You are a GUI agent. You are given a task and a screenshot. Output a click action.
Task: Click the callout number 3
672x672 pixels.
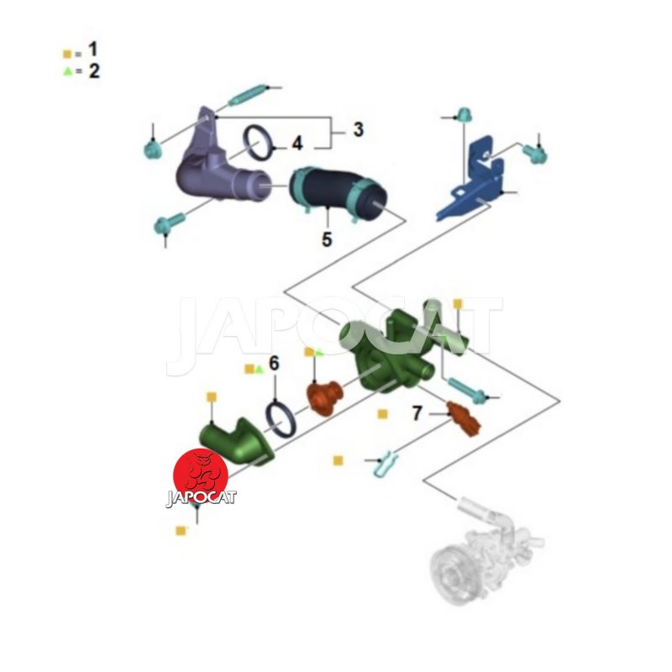pyautogui.click(x=359, y=129)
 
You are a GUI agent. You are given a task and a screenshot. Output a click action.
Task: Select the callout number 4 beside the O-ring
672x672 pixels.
pyautogui.click(x=297, y=144)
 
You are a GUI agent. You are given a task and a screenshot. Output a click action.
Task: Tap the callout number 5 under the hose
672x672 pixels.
pyautogui.click(x=327, y=239)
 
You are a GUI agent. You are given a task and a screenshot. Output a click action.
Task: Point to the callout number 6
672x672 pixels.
pyautogui.click(x=274, y=363)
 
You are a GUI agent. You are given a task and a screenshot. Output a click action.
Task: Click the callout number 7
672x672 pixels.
pyautogui.click(x=417, y=413)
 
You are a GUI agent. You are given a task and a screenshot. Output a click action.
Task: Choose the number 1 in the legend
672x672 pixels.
pyautogui.click(x=92, y=50)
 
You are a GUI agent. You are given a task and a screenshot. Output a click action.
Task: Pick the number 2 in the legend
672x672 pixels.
pyautogui.click(x=94, y=71)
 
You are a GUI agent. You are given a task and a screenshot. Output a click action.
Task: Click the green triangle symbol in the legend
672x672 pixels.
pyautogui.click(x=67, y=71)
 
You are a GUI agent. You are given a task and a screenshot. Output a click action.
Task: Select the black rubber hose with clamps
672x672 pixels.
pyautogui.click(x=338, y=194)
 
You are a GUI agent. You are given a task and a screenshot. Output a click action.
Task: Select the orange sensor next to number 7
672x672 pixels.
pyautogui.click(x=464, y=418)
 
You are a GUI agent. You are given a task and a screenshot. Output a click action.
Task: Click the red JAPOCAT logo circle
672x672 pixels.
pyautogui.click(x=201, y=476)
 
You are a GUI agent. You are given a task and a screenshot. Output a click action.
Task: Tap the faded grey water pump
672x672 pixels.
pyautogui.click(x=485, y=553)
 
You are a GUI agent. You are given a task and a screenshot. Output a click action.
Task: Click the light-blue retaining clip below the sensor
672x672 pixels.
pyautogui.click(x=385, y=463)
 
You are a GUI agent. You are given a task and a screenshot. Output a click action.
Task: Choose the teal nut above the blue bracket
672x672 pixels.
pyautogui.click(x=463, y=115)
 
